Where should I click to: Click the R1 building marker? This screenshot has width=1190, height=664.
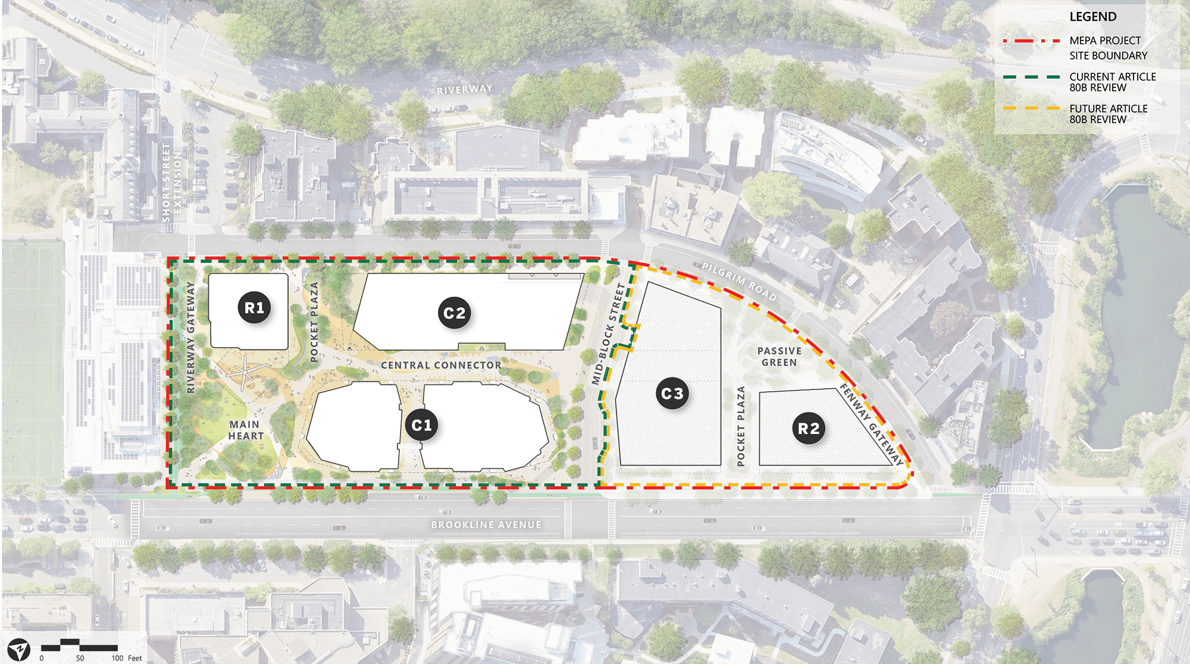pyautogui.click(x=255, y=308)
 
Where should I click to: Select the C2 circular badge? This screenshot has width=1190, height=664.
pyautogui.click(x=455, y=313)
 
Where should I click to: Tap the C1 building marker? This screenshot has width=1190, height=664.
pyautogui.click(x=421, y=426)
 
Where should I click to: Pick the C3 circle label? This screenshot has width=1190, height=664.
pyautogui.click(x=672, y=394)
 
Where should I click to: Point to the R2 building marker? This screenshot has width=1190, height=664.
pyautogui.click(x=809, y=429)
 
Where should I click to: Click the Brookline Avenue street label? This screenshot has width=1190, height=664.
pyautogui.click(x=486, y=525)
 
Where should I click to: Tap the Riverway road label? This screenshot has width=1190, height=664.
pyautogui.click(x=465, y=90)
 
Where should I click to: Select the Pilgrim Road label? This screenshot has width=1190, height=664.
pyautogui.click(x=739, y=281)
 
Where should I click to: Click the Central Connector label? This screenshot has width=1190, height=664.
pyautogui.click(x=441, y=365)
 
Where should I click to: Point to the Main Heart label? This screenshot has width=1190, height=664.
pyautogui.click(x=245, y=430)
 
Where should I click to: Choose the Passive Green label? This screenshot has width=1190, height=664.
pyautogui.click(x=779, y=357)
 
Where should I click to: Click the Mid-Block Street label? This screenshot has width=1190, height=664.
pyautogui.click(x=609, y=333)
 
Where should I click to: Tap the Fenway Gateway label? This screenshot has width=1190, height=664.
pyautogui.click(x=871, y=424)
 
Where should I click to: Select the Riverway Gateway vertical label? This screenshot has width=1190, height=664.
pyautogui.click(x=190, y=337)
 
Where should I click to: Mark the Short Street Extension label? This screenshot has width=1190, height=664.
pyautogui.click(x=171, y=182)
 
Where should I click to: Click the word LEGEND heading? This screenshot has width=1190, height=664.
pyautogui.click(x=1093, y=17)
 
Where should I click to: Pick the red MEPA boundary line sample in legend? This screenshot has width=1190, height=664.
pyautogui.click(x=1032, y=41)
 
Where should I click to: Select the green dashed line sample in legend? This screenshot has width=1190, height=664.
pyautogui.click(x=1032, y=77)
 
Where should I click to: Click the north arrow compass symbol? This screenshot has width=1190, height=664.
pyautogui.click(x=19, y=649)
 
